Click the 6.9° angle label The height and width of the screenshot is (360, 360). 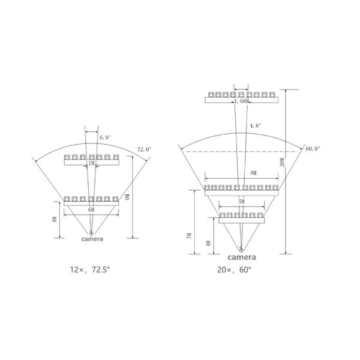coord(105,137)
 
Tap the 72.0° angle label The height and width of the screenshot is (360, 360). coord(145,149)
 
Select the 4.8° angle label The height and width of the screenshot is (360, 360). coord(256,125)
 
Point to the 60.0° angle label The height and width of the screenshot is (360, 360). coord(313,149)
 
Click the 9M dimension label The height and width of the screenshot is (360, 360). coord(128,197)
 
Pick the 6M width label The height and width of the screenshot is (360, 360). coord(91,209)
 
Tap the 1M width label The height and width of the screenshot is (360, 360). coord(91,163)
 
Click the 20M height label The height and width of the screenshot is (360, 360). coord(283,163)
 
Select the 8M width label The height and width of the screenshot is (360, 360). coord(253,173)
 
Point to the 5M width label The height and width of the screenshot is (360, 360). coord(242,202)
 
